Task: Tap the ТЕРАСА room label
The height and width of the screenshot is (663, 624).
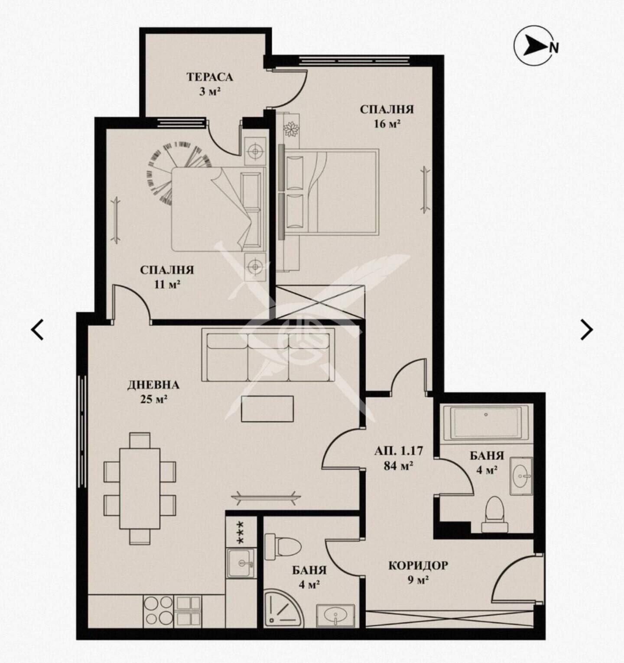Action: [x=210, y=77]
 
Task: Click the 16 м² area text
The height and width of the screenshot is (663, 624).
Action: [x=387, y=124]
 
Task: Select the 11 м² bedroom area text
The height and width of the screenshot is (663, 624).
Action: [x=166, y=285]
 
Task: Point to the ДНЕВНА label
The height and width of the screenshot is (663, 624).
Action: [x=153, y=385]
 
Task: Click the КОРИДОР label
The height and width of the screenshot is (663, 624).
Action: [x=418, y=565]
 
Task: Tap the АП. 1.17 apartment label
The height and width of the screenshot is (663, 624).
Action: [x=399, y=451]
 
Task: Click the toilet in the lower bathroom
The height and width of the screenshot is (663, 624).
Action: [x=282, y=547]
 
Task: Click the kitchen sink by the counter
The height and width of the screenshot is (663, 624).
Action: [x=242, y=563]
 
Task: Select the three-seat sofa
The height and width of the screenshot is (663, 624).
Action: [x=268, y=354]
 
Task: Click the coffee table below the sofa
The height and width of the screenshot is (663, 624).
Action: [x=268, y=409]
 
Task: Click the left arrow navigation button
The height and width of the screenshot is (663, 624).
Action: [x=38, y=330]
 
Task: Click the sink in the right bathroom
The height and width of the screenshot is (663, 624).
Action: [x=521, y=476]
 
